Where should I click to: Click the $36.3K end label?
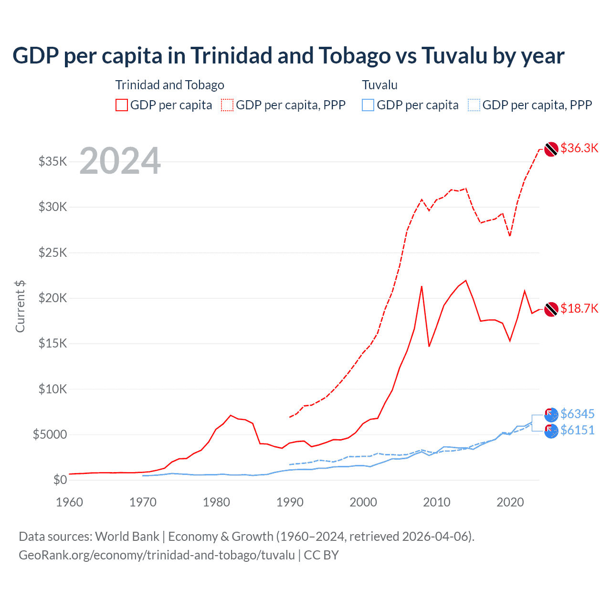click(x=579, y=148)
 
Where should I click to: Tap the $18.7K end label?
click(x=579, y=308)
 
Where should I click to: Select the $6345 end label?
click(x=577, y=413)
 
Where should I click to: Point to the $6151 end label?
click(x=577, y=430)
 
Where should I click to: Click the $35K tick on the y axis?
click(x=53, y=161)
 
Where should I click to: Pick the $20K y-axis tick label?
click(x=53, y=298)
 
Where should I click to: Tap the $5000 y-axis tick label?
click(x=50, y=434)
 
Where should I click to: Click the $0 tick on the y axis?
click(x=60, y=480)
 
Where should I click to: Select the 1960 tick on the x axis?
click(x=70, y=502)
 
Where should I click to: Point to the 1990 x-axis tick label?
click(x=290, y=502)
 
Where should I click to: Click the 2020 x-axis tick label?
click(x=510, y=502)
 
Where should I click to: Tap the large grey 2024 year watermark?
click(x=120, y=161)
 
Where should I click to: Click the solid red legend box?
click(x=122, y=105)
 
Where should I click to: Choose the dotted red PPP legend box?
click(x=227, y=105)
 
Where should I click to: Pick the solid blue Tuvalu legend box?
click(x=368, y=105)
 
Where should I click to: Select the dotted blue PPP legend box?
click(x=474, y=105)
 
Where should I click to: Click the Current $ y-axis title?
click(x=20, y=306)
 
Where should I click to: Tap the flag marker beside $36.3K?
click(x=551, y=149)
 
